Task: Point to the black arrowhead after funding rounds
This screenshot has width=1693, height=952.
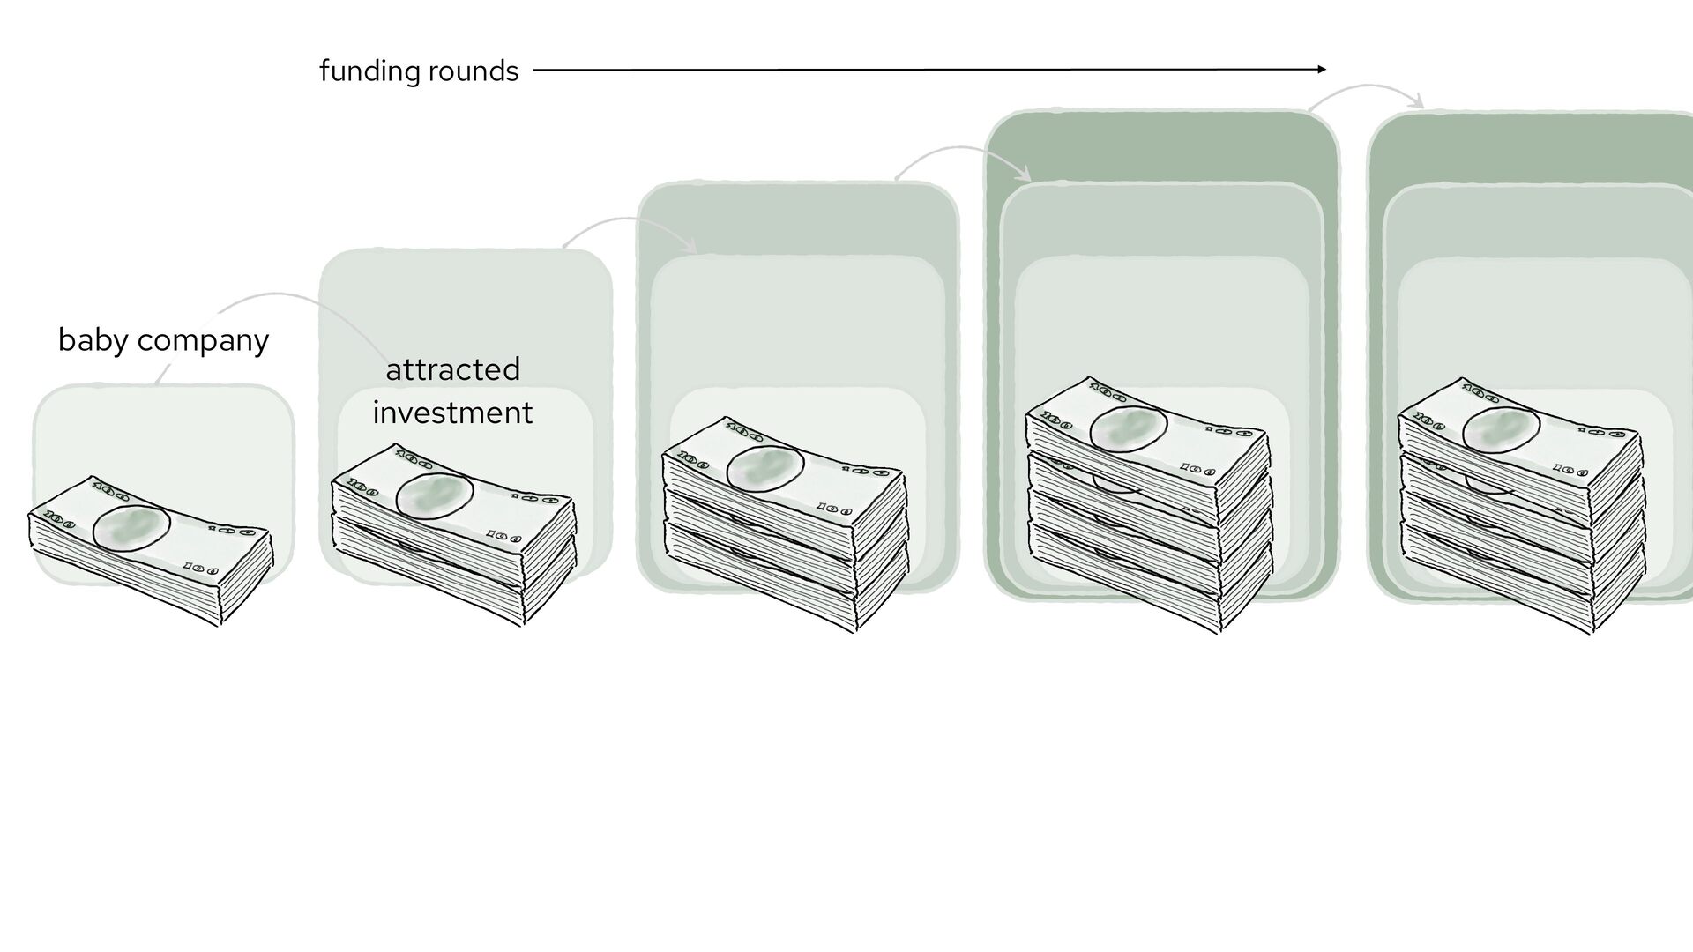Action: click(x=1321, y=70)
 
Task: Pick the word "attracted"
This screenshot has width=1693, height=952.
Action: click(x=452, y=369)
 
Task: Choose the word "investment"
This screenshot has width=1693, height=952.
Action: click(x=452, y=413)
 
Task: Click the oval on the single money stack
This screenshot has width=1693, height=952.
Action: click(x=131, y=529)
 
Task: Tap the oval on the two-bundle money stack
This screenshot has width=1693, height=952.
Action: click(x=435, y=496)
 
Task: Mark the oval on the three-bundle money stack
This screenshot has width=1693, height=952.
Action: click(x=764, y=467)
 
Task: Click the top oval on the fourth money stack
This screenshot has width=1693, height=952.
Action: click(x=1128, y=431)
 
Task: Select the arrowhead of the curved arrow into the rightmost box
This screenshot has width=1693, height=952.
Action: click(x=1417, y=103)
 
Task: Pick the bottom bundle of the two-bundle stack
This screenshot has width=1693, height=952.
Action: click(x=450, y=573)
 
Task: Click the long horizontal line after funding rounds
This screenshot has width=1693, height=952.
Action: click(x=926, y=70)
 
